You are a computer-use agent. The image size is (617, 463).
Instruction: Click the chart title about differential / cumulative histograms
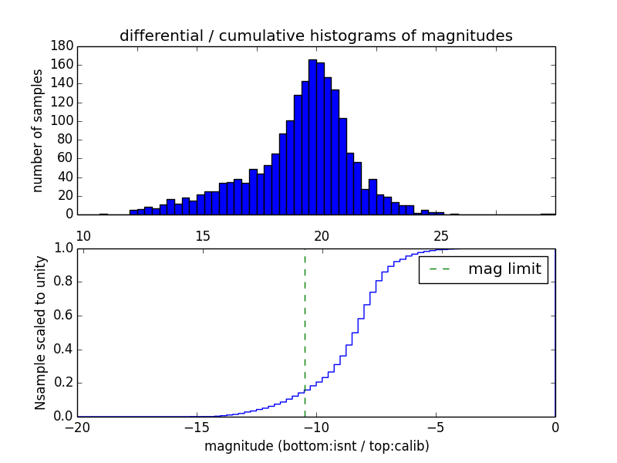[315, 35]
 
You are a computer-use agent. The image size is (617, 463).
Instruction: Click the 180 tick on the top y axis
[62, 46]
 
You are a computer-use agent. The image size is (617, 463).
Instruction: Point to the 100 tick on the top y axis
[62, 121]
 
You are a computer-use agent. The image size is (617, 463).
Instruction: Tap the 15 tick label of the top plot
[203, 235]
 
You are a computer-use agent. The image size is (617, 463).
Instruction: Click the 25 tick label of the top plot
[441, 235]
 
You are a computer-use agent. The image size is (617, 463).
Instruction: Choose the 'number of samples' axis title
[38, 130]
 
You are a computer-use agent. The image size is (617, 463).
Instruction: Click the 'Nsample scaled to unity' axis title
[40, 333]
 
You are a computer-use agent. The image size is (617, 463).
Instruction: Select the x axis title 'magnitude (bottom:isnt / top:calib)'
[316, 446]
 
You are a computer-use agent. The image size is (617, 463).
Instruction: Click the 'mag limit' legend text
[504, 269]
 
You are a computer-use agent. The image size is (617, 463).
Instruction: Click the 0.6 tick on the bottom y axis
[62, 316]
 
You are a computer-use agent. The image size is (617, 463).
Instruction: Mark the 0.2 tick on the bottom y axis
[62, 383]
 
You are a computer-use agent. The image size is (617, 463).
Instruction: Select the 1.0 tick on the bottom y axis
[62, 248]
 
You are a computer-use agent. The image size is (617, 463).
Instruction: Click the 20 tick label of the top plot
[322, 235]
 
